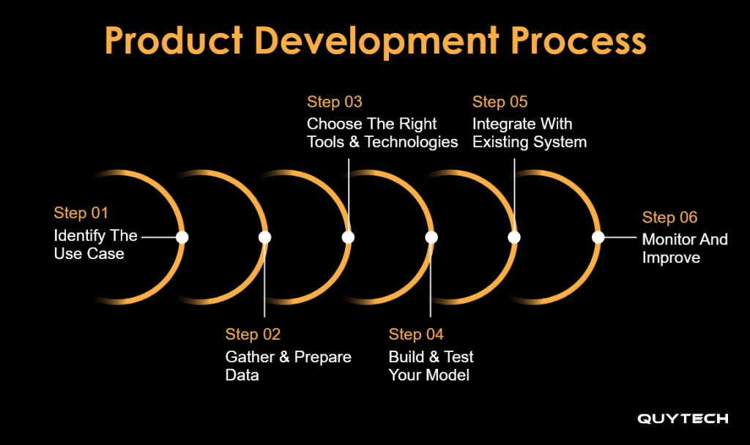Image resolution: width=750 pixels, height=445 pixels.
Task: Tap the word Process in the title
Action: pyautogui.click(x=579, y=41)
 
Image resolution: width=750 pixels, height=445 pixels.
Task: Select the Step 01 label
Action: pyautogui.click(x=81, y=213)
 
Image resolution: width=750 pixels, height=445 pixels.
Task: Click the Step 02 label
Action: pyautogui.click(x=253, y=334)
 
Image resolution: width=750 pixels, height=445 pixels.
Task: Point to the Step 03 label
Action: pyautogui.click(x=334, y=102)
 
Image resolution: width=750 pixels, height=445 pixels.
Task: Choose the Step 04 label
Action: pyautogui.click(x=416, y=334)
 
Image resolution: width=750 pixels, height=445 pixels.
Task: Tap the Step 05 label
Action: pyautogui.click(x=500, y=102)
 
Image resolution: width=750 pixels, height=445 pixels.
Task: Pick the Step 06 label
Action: pyautogui.click(x=669, y=217)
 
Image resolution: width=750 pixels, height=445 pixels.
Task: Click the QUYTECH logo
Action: pyautogui.click(x=683, y=419)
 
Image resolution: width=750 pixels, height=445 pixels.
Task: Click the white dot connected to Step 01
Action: pyautogui.click(x=182, y=237)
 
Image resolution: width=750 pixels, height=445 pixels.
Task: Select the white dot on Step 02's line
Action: pyautogui.click(x=264, y=237)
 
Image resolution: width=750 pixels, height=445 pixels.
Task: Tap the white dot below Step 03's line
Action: pyautogui.click(x=348, y=237)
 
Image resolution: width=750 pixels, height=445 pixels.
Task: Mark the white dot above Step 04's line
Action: pyautogui.click(x=431, y=237)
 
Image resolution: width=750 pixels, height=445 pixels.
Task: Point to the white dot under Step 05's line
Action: pyautogui.click(x=514, y=237)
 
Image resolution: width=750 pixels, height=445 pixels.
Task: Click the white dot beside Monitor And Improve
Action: pyautogui.click(x=598, y=237)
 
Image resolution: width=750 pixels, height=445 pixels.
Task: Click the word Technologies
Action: pyautogui.click(x=412, y=143)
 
